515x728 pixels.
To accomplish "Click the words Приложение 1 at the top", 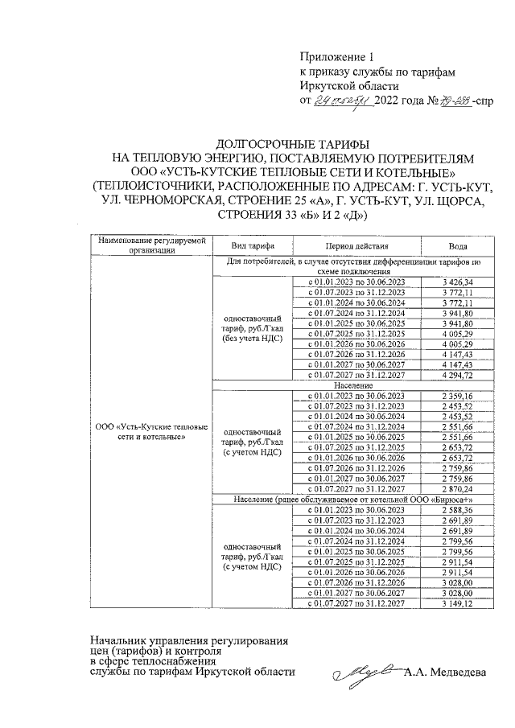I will (337, 57).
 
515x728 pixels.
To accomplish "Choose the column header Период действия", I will (356, 245).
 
